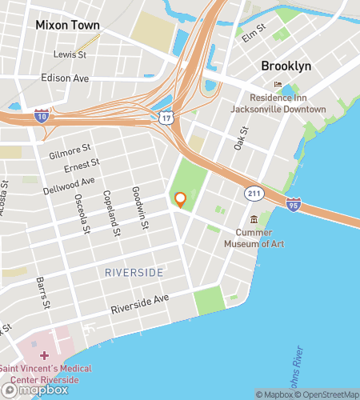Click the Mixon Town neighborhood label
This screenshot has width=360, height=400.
click(67, 26)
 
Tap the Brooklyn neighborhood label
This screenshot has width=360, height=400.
click(286, 66)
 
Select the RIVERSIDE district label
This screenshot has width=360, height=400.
click(134, 273)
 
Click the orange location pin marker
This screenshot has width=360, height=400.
click(180, 200)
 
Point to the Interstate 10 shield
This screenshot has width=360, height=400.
click(40, 116)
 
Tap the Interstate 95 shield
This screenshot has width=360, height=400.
click(294, 205)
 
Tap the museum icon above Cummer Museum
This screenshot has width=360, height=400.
click(254, 219)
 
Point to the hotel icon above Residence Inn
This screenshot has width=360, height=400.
click(278, 85)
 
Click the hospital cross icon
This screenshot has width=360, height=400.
click(45, 353)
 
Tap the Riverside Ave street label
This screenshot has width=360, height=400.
click(140, 303)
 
